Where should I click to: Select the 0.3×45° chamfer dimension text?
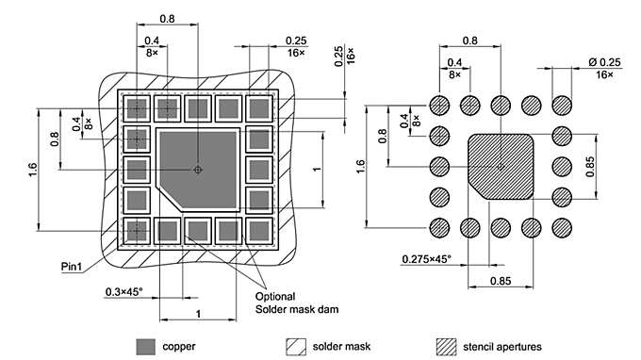pyautogui.click(x=123, y=291)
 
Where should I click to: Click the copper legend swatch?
pyautogui.click(x=146, y=345)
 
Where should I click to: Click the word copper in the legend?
pyautogui.click(x=179, y=346)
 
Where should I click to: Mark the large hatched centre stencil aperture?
pyautogui.click(x=501, y=166)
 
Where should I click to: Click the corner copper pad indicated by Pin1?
pyautogui.click(x=139, y=229)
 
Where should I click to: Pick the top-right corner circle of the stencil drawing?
pyautogui.click(x=562, y=105)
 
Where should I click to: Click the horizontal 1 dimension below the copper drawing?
pyautogui.click(x=196, y=312)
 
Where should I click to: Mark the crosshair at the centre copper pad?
pyautogui.click(x=197, y=170)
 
